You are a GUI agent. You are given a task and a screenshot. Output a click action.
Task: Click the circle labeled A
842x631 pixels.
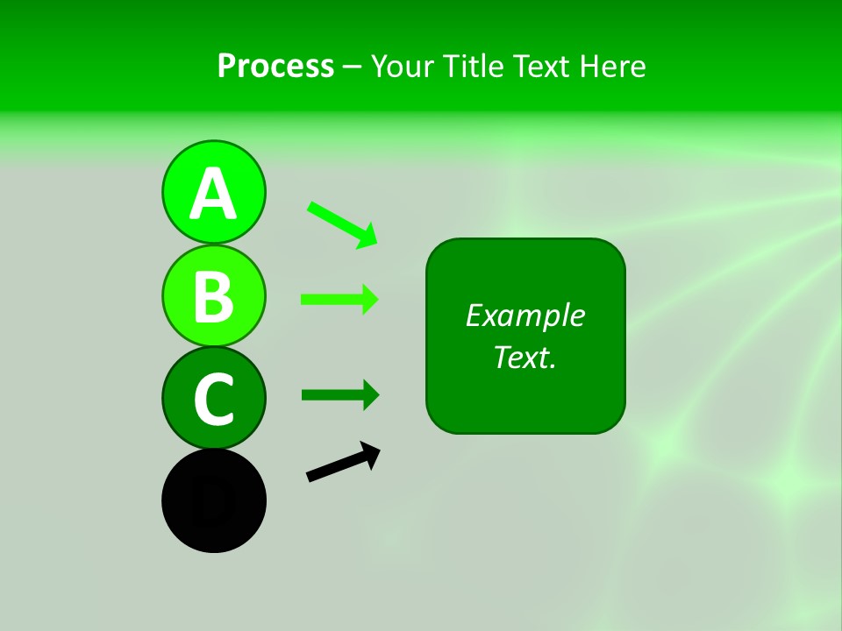tap(213, 192)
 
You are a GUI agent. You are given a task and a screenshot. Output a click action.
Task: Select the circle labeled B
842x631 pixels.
tap(213, 295)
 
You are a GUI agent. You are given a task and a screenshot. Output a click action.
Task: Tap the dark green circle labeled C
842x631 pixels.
tap(213, 398)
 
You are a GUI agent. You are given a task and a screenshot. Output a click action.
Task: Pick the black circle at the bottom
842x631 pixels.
tap(213, 500)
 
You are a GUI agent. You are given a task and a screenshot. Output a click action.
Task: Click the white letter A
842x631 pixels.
tap(213, 194)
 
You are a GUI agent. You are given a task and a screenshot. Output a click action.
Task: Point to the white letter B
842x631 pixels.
tap(213, 296)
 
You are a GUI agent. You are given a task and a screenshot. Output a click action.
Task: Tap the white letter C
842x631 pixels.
tap(213, 399)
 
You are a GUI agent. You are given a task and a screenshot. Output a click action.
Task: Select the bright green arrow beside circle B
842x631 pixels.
tap(338, 300)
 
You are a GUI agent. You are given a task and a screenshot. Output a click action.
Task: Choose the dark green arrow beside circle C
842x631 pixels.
tap(338, 394)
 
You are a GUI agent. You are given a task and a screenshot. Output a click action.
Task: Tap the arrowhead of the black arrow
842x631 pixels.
tap(372, 454)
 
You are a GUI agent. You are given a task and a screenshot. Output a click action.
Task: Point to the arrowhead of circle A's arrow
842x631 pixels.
tap(368, 237)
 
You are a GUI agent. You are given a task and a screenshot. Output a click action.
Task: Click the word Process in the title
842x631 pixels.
tap(275, 66)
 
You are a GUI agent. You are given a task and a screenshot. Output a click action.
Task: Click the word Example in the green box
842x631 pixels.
tap(524, 315)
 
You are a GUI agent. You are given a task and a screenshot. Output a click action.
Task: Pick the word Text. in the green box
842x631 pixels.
tap(524, 357)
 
